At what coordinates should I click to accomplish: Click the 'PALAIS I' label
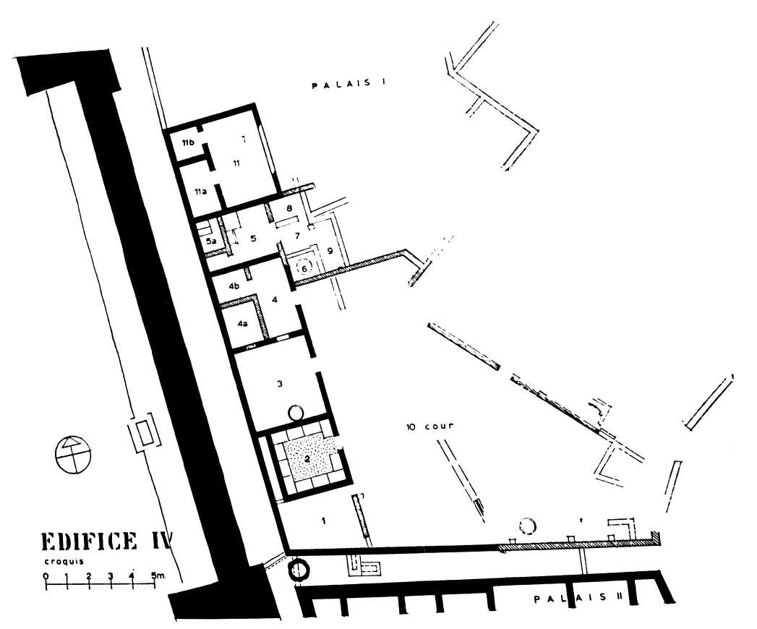coord(348,85)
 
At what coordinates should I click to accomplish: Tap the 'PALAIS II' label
coord(578,599)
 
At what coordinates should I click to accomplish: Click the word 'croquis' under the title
coord(64,562)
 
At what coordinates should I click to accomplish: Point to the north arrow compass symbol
coord(72,454)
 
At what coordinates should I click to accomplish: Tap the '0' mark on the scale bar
coord(46,575)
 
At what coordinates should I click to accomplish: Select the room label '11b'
coord(188,143)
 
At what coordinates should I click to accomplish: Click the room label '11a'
coord(200,192)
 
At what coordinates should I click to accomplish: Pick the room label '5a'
coord(211,241)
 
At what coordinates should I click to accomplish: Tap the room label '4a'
coord(242,323)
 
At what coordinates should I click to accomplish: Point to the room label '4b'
coord(234,286)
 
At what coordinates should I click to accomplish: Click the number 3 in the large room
coord(280,384)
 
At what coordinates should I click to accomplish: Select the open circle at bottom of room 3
coord(295,413)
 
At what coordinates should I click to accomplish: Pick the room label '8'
coord(289,208)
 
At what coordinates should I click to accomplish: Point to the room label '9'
coord(330,251)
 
